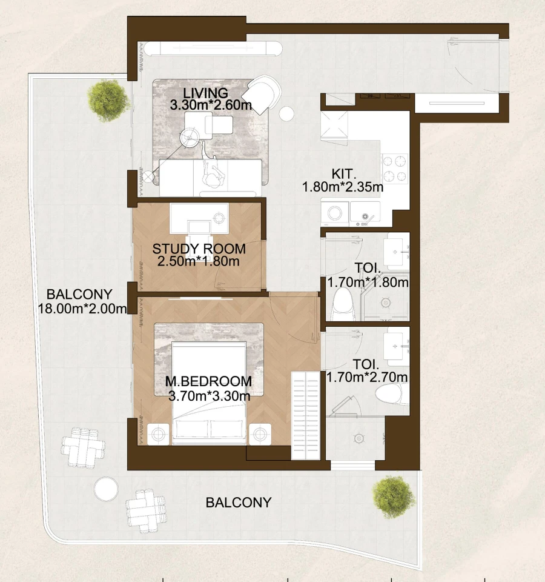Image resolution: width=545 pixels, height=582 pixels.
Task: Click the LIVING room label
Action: click(206, 93)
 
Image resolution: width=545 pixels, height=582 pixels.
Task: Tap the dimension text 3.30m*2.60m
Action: click(211, 105)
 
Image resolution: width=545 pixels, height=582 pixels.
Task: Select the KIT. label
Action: click(342, 175)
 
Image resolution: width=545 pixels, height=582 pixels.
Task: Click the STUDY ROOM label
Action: click(199, 249)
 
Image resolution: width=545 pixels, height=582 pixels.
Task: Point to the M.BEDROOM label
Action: click(208, 382)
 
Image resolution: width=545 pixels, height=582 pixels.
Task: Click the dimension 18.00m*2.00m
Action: click(82, 309)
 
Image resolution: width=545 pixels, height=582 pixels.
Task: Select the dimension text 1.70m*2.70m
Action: click(367, 377)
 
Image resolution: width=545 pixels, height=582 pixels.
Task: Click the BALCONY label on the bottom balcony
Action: click(238, 503)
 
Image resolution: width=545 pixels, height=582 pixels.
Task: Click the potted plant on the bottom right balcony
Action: click(395, 497)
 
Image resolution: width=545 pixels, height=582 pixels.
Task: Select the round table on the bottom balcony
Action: click(106, 489)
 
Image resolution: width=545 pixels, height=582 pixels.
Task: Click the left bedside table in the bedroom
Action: click(159, 434)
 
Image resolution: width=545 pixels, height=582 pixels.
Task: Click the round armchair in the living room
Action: click(263, 94)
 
